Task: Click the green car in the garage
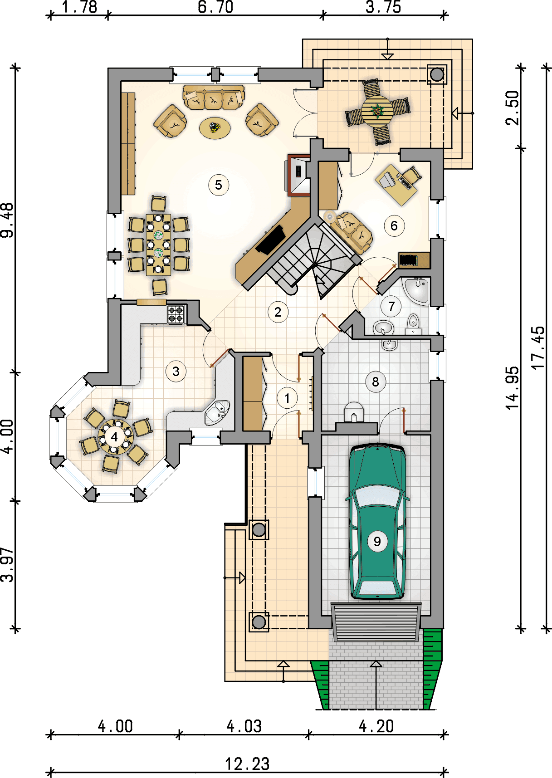[x=377, y=522]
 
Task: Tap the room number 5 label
[x=219, y=185]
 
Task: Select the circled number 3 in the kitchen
[x=176, y=372]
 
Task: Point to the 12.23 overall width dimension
[x=248, y=764]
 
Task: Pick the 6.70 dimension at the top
[x=215, y=7]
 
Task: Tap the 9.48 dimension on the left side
[x=7, y=220]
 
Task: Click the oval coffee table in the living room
[x=215, y=128]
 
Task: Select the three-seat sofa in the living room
[x=214, y=98]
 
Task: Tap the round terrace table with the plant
[x=377, y=111]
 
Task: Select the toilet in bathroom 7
[x=413, y=324]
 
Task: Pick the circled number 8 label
[x=376, y=382]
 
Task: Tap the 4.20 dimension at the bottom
[x=376, y=726]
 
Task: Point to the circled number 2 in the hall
[x=278, y=312]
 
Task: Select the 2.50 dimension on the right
[x=513, y=108]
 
